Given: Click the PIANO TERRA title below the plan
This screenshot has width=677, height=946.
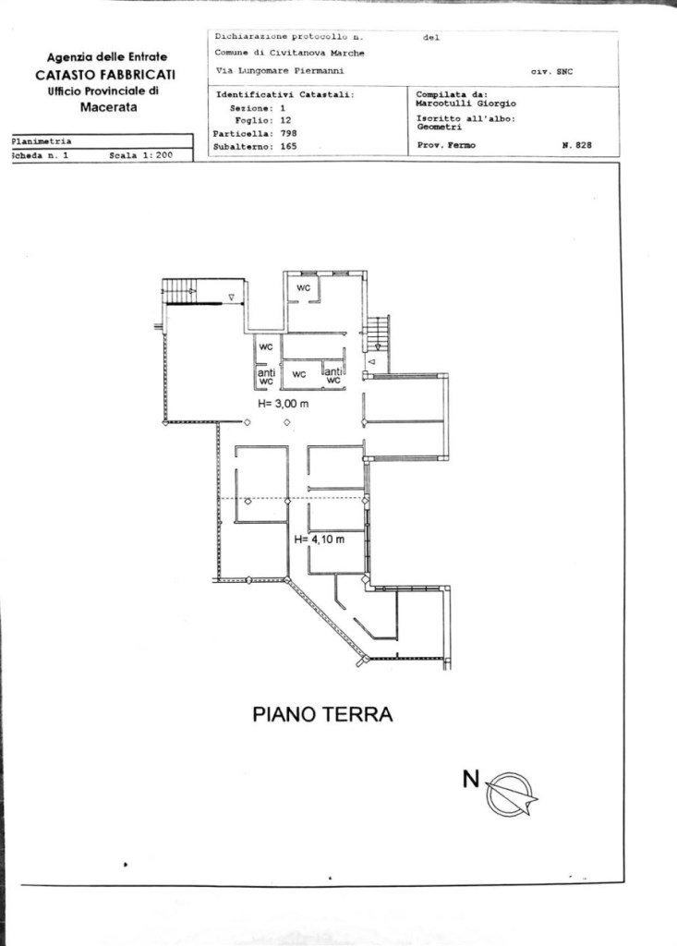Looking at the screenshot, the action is point(322,714).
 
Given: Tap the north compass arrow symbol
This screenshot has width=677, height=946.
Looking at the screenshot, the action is point(511,794).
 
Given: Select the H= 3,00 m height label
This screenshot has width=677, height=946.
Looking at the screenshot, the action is point(283,404).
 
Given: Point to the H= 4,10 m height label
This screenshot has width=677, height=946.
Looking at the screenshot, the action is point(320,540).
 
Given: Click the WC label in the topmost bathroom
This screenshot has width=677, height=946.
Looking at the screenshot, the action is point(304,288).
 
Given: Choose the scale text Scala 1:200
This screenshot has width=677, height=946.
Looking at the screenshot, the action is point(140,155).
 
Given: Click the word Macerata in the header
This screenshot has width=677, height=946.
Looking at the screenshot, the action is point(109,107).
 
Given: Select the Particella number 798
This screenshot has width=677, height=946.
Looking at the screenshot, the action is point(288,133).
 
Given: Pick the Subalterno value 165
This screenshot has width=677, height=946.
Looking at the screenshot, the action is point(288,146).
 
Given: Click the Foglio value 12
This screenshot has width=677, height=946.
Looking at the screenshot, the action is point(285,121).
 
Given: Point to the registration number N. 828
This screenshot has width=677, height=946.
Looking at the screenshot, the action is point(577,145).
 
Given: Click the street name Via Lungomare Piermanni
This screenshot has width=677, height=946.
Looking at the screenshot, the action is point(280,70).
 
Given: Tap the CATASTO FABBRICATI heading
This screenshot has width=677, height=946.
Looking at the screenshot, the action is point(105,75).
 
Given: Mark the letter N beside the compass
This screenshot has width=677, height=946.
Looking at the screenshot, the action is point(471,779).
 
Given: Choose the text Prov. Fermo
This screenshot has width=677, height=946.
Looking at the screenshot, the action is point(446,145).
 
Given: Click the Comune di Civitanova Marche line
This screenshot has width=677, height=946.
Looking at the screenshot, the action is point(290,53).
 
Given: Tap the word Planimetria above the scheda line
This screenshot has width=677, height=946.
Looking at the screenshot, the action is point(42,141).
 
